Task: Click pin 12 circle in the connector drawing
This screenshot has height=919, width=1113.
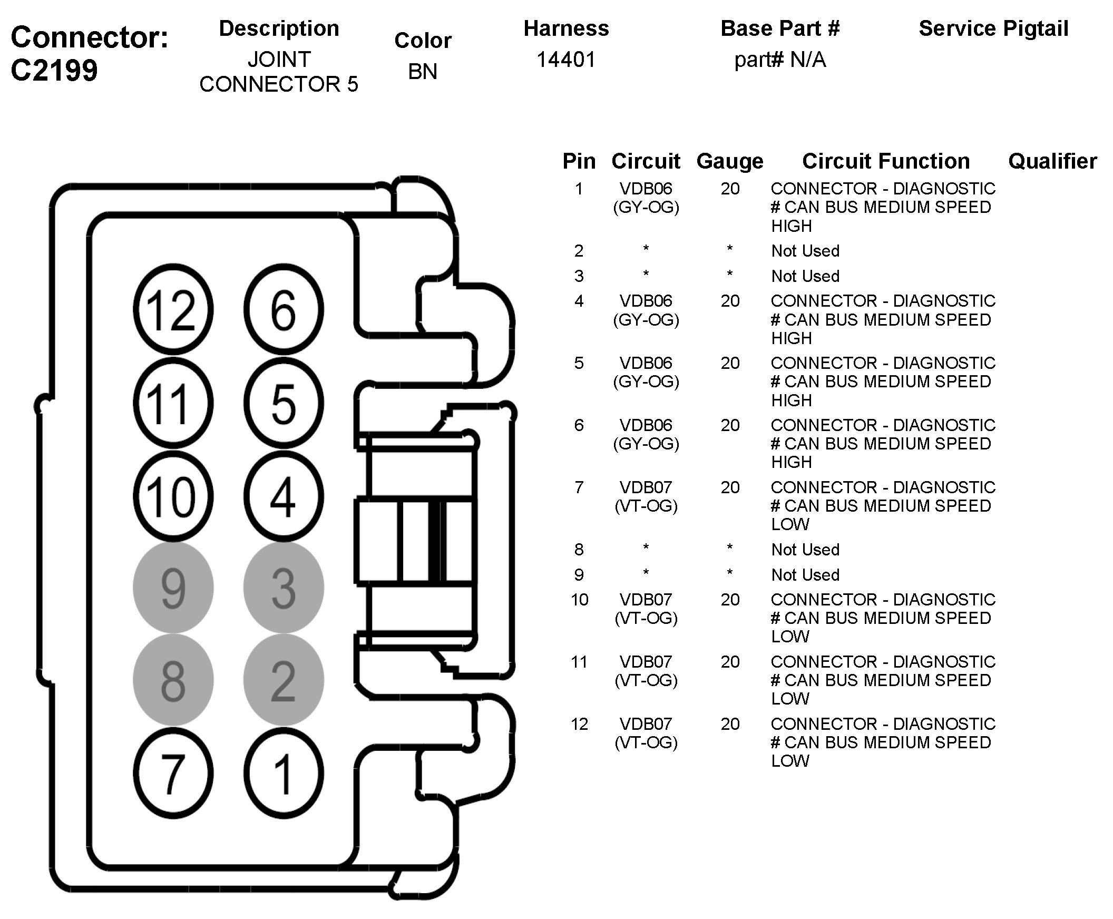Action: (173, 309)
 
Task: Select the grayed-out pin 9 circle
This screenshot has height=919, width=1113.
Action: (173, 588)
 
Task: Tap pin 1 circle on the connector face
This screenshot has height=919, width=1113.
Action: (284, 773)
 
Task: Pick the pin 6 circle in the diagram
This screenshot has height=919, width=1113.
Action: (284, 309)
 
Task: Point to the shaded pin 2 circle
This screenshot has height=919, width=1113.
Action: (284, 680)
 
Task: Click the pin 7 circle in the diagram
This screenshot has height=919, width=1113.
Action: (173, 773)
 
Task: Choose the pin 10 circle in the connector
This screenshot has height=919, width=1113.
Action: (173, 496)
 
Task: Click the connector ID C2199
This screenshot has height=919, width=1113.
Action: (54, 70)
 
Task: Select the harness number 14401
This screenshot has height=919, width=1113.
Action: (566, 60)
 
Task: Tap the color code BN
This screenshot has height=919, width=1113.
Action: (423, 72)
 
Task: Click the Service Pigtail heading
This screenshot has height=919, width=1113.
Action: (993, 28)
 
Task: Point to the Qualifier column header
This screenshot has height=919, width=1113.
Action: (1052, 161)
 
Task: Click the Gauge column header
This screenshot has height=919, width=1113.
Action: (730, 161)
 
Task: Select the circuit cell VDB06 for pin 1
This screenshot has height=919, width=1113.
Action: (646, 189)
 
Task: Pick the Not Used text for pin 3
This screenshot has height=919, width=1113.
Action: (805, 276)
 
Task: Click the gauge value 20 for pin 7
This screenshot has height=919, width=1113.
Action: (730, 487)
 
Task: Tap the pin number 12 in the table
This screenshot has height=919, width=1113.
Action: (579, 724)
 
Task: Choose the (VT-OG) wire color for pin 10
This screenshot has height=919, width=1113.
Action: (646, 618)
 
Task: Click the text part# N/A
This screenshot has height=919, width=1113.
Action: (779, 60)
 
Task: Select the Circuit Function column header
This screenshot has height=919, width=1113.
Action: (885, 161)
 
